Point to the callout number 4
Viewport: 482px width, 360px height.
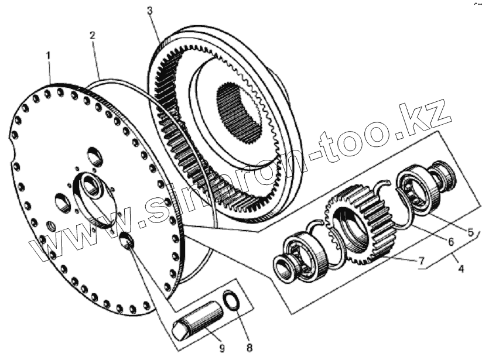(x=461, y=270)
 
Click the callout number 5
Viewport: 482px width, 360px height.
(x=470, y=232)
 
